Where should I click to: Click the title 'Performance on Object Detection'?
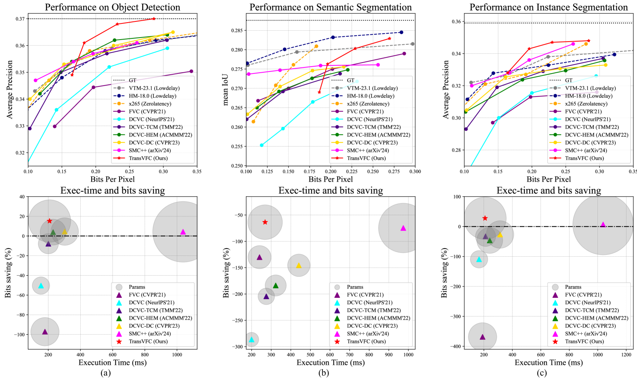point(112,7)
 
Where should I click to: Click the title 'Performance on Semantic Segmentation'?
point(331,7)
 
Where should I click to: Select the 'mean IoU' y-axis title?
point(226,90)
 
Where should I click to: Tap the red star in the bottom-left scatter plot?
point(50,221)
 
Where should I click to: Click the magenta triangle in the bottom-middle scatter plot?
point(403,228)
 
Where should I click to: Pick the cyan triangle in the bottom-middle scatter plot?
point(252,339)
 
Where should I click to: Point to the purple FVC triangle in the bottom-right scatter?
point(482,337)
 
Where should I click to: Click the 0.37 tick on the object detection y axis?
point(20,19)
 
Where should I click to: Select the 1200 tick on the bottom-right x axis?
point(627,355)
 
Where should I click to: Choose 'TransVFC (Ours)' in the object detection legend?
point(148,158)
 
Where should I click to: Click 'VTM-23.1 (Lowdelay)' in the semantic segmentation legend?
point(372,88)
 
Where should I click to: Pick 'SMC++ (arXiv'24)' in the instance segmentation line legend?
point(586,151)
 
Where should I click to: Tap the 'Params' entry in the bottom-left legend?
point(137,287)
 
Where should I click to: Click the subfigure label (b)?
point(323,373)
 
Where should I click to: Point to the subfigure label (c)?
point(542,373)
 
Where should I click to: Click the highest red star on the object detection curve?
point(154,19)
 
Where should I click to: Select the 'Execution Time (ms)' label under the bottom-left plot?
point(112,362)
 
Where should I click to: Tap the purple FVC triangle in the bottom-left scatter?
point(45,332)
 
